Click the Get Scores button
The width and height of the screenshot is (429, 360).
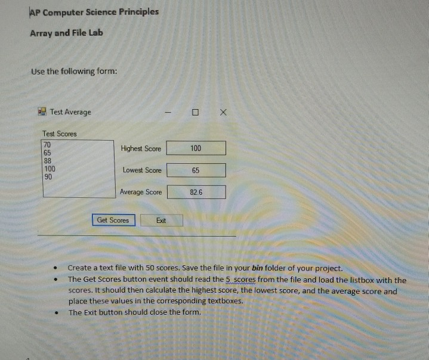(113, 220)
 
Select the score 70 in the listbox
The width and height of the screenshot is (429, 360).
(48, 145)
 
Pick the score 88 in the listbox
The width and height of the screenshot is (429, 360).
(48, 161)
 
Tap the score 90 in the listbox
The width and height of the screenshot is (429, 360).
(48, 177)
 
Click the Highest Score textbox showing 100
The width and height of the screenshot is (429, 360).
(196, 148)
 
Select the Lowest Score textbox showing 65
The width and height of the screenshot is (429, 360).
(196, 170)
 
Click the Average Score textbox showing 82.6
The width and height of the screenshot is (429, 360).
(196, 192)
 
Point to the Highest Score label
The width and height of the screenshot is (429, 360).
(141, 148)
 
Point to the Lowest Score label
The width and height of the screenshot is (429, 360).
(142, 170)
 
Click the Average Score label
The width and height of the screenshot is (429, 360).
(141, 192)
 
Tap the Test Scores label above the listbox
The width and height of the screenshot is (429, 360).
(60, 134)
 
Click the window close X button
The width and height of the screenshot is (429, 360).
(223, 111)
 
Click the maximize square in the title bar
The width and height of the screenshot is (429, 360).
(195, 112)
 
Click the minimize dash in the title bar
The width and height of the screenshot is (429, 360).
(168, 112)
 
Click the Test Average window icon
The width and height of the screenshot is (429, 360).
(42, 111)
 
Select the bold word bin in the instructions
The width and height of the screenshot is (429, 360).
(257, 268)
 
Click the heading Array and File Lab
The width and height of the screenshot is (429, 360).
(66, 33)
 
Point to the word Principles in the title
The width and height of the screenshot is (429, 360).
(138, 11)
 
